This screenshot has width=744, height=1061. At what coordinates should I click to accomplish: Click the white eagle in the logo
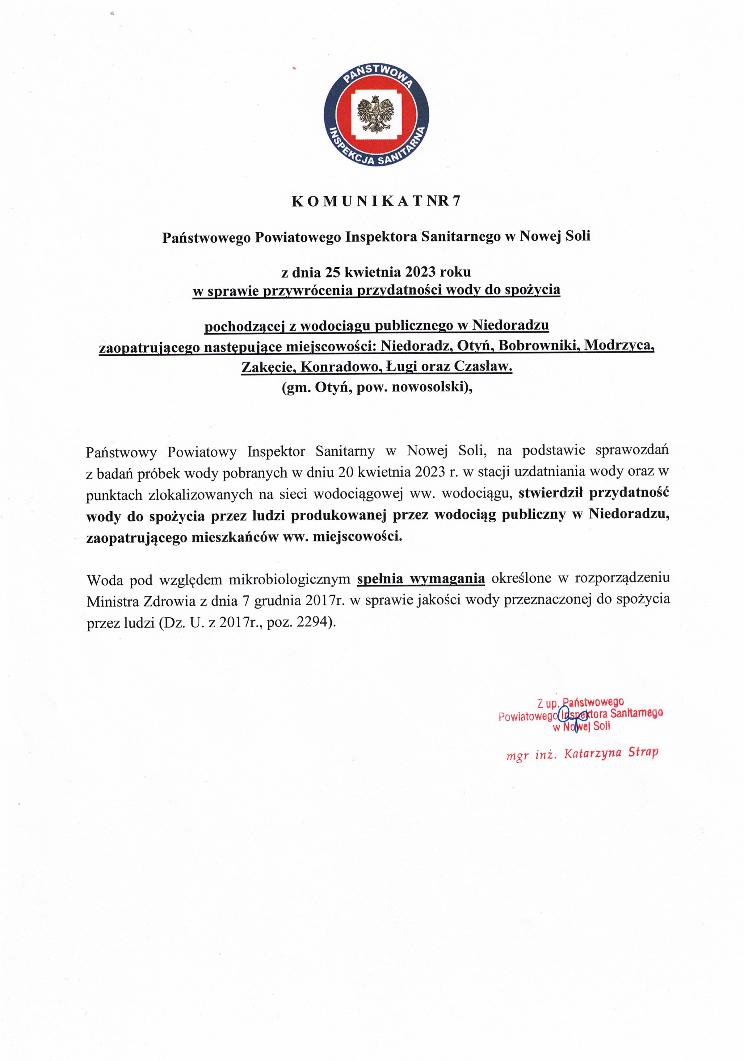(x=376, y=114)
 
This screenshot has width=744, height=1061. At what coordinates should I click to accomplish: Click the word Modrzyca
(x=619, y=346)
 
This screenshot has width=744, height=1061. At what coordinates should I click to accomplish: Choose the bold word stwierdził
(x=550, y=493)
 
